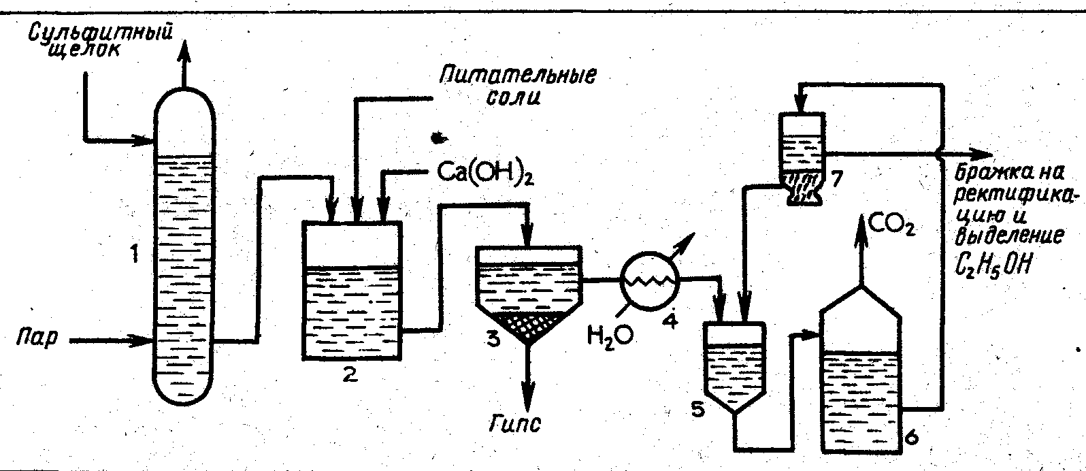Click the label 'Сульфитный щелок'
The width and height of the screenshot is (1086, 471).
tap(101, 41)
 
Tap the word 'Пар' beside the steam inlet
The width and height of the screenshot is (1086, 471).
tap(37, 338)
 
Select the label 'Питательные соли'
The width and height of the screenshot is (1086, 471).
tap(517, 86)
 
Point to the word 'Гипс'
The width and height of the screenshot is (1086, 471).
tap(514, 425)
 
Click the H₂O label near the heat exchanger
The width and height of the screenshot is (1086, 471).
tap(610, 335)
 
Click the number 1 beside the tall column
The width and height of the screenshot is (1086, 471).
tap(134, 253)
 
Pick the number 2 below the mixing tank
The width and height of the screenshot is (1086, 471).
tap(349, 374)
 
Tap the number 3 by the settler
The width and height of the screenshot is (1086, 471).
tap(493, 338)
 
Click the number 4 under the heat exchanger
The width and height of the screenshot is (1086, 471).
tap(670, 320)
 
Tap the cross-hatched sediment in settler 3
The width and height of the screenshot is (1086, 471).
tap(529, 325)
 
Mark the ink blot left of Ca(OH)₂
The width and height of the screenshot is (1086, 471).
tap(439, 137)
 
